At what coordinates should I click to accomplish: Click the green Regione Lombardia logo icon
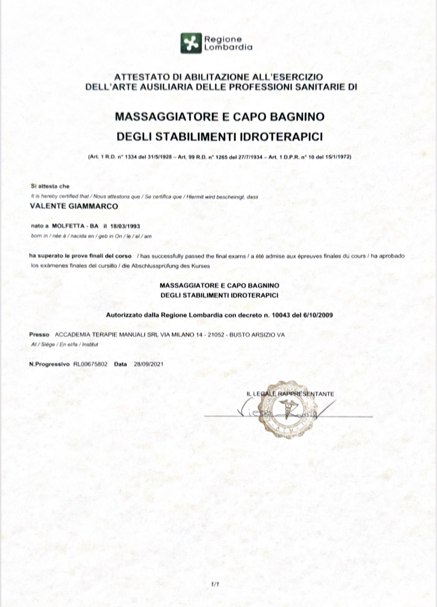[x=191, y=43]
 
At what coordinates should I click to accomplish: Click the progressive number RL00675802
[x=90, y=364]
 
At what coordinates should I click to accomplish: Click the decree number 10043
[x=281, y=315]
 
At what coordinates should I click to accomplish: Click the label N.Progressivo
[x=50, y=364]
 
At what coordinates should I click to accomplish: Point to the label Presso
[x=40, y=335]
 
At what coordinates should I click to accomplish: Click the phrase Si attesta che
[x=50, y=187]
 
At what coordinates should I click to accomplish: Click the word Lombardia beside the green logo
[x=228, y=47]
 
